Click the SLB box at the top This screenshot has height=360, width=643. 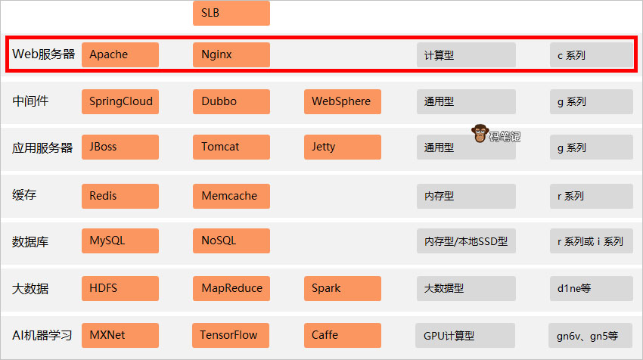pyautogui.click(x=231, y=13)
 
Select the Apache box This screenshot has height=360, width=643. pyautogui.click(x=120, y=54)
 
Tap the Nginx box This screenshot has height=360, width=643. pyautogui.click(x=231, y=54)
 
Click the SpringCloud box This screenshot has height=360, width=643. pyautogui.click(x=120, y=101)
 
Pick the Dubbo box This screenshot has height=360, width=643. pyautogui.click(x=231, y=101)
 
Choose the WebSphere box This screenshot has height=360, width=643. pyautogui.click(x=342, y=101)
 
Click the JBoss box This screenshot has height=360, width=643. pyautogui.click(x=120, y=147)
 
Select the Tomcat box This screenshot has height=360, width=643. pyautogui.click(x=231, y=147)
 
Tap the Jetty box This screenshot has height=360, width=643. pyautogui.click(x=342, y=147)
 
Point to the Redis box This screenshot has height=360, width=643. pyautogui.click(x=120, y=196)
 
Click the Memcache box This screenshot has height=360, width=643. pyautogui.click(x=231, y=196)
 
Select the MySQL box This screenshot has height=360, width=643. pyautogui.click(x=120, y=241)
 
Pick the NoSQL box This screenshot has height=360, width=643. pyautogui.click(x=231, y=241)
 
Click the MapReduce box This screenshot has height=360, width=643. pyautogui.click(x=231, y=288)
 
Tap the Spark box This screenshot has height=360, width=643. pyautogui.click(x=342, y=288)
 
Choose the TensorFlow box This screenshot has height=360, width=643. pyautogui.click(x=231, y=335)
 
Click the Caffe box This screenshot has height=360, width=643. pyautogui.click(x=342, y=335)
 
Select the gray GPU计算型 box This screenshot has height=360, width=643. pyautogui.click(x=465, y=336)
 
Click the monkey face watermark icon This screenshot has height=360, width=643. pyautogui.click(x=480, y=135)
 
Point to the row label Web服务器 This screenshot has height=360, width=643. pyautogui.click(x=44, y=54)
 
